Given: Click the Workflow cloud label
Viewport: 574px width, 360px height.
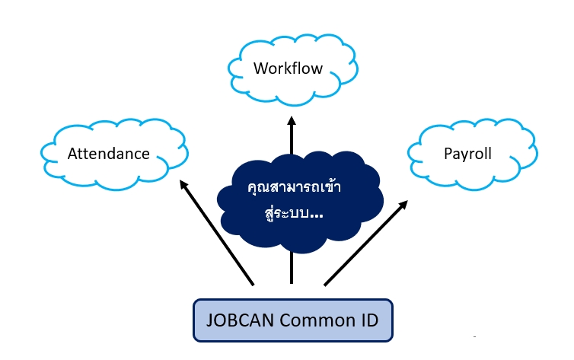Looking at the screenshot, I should tap(288, 68).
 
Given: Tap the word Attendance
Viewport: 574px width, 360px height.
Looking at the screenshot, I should tap(109, 154).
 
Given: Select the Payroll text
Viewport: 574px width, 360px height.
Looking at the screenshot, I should tap(467, 154).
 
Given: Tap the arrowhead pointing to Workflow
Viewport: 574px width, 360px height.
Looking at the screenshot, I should tap(292, 123).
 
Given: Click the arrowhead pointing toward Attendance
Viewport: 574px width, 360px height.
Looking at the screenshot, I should tap(183, 185).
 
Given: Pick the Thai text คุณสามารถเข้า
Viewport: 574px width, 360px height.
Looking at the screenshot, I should tap(294, 188).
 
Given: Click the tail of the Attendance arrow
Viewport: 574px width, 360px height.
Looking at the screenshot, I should tap(252, 284).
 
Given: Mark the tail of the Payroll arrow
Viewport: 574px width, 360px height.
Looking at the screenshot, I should tap(326, 285).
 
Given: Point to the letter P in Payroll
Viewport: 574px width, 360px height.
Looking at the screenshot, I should tap(448, 154).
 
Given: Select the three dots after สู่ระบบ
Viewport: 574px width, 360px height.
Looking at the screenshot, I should tap(316, 216).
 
